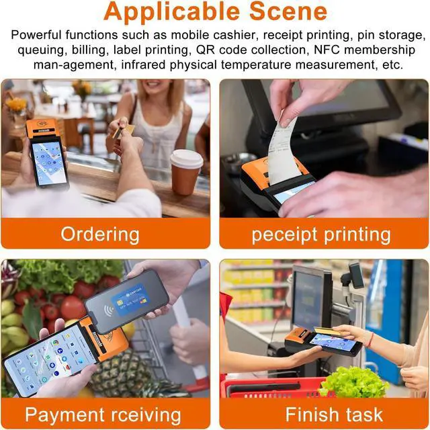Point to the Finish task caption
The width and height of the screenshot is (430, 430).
(325, 414)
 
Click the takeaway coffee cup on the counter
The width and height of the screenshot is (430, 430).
(185, 171)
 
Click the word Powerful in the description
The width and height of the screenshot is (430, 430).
(34, 34)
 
